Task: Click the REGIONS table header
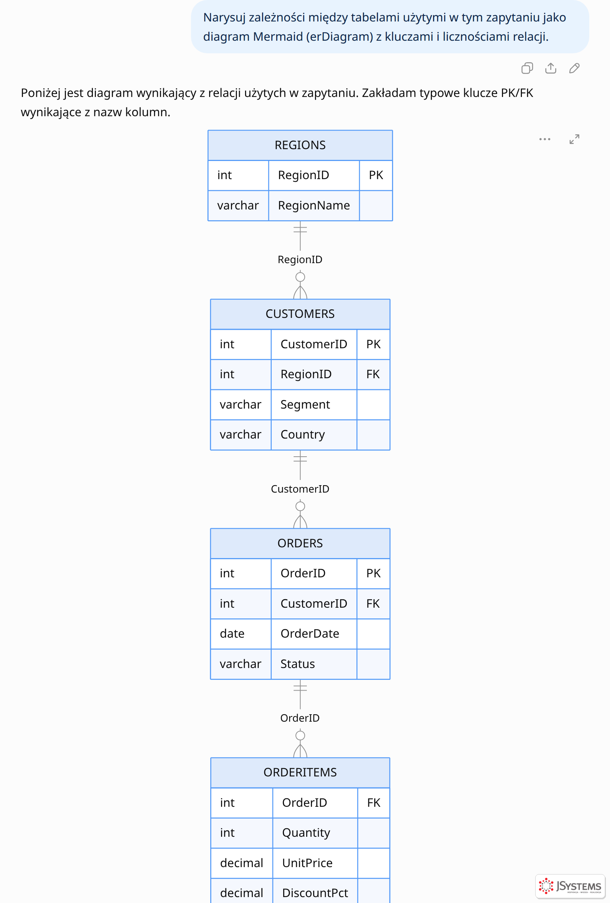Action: [300, 145]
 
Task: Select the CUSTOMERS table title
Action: [300, 313]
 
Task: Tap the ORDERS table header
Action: [300, 543]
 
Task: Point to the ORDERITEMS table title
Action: [300, 772]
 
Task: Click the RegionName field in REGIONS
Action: [314, 205]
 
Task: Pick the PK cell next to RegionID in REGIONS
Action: [376, 175]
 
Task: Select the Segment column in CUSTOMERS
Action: [305, 404]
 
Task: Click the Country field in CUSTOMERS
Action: [303, 434]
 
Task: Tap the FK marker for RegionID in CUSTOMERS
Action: [373, 374]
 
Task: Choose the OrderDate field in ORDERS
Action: [310, 633]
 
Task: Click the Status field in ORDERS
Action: [298, 664]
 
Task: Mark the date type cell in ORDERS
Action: [232, 633]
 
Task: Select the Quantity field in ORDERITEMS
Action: [306, 833]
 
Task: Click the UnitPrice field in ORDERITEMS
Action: [307, 863]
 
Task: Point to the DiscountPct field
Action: [315, 893]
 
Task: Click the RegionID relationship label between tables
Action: [300, 259]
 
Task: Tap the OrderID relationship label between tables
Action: [300, 718]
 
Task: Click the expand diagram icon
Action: [574, 139]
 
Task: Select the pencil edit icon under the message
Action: [574, 68]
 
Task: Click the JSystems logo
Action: [570, 886]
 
